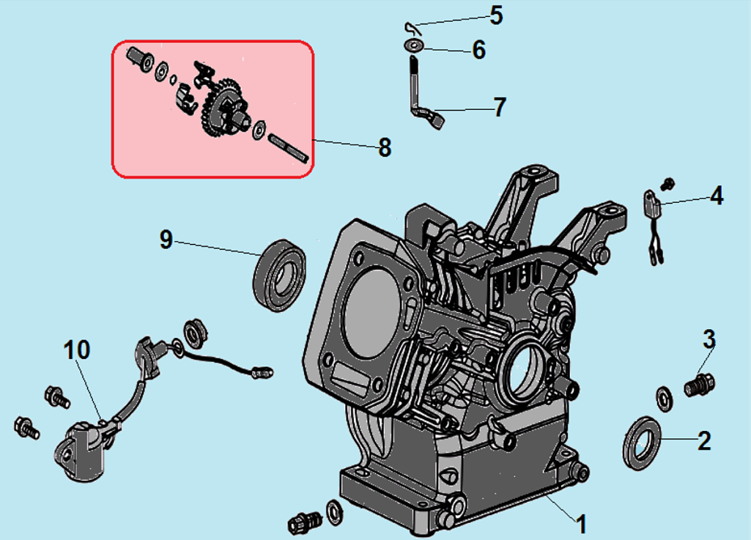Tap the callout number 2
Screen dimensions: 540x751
click(703, 441)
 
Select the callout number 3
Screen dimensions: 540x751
click(709, 340)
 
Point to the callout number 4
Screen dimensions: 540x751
click(717, 196)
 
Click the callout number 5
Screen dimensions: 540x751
click(497, 16)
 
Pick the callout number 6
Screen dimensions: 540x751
click(479, 51)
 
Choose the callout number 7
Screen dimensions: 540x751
click(500, 107)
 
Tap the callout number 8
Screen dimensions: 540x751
click(385, 147)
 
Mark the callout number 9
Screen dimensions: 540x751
click(166, 239)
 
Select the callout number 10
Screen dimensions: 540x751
click(77, 350)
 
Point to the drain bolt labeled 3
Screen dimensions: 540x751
click(700, 385)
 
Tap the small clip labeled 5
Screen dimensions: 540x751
click(411, 27)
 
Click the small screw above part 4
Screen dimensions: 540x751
click(667, 181)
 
